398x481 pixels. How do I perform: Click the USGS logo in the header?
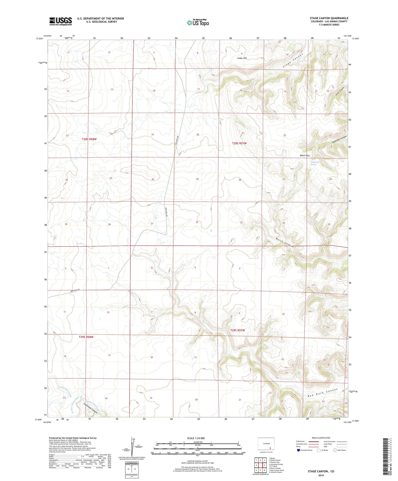click(60, 21)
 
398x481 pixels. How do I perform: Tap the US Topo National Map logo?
click(198, 23)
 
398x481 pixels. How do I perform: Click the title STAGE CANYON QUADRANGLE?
click(329, 18)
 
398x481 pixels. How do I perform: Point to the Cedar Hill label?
click(242, 58)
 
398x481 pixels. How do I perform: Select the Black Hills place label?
click(305, 155)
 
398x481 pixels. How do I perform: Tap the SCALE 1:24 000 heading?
click(198, 438)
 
